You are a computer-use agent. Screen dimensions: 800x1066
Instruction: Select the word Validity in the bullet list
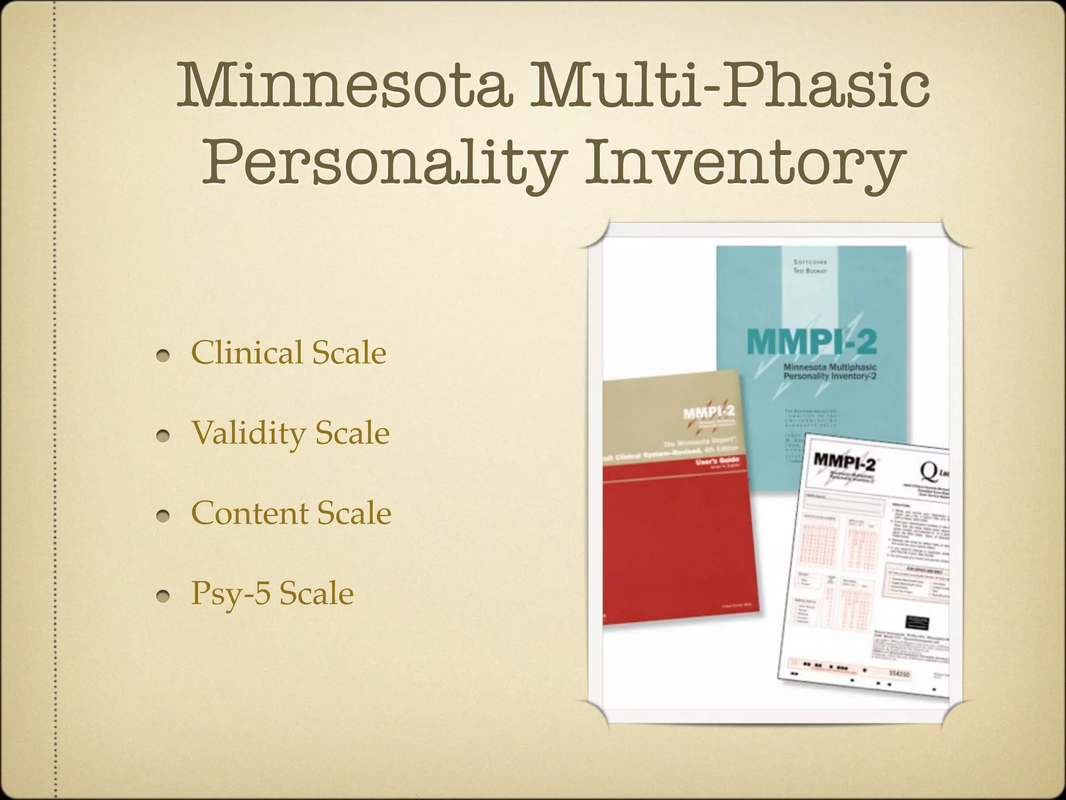click(249, 433)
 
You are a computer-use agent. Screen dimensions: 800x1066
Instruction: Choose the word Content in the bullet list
click(250, 513)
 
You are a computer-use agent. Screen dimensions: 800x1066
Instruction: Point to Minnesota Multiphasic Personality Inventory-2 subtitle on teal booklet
click(830, 371)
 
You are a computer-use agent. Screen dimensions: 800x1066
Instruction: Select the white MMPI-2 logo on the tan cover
click(708, 414)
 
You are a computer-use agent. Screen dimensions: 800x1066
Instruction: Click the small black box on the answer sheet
click(917, 621)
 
